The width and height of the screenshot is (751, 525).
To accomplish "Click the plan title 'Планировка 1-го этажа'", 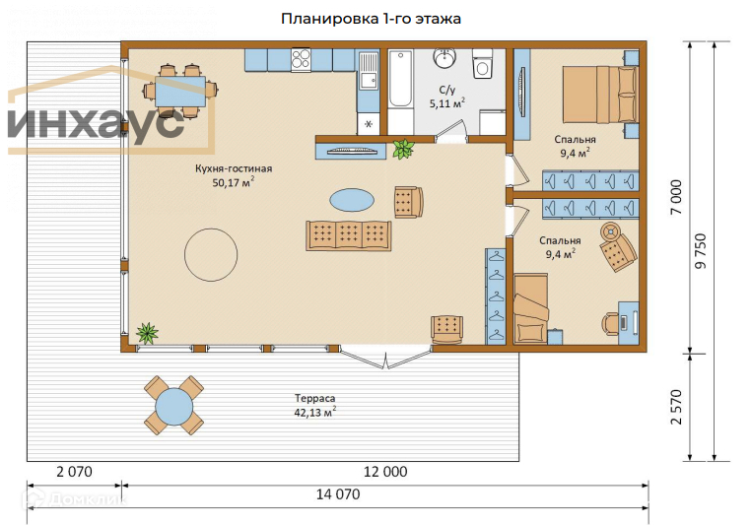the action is coord(371,19).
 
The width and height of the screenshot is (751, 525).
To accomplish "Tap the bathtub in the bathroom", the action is coord(400,78).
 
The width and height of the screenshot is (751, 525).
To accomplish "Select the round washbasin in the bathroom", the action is coord(444,58).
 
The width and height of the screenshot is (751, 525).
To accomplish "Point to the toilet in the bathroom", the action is coord(482,63).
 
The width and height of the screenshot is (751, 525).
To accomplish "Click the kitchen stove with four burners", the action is coord(301,60).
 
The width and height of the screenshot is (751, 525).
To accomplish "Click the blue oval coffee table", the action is coord(352,200).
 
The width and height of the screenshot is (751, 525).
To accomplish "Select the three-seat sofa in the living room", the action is coord(349,235).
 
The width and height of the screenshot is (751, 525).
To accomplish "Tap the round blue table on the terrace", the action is coord(174,406).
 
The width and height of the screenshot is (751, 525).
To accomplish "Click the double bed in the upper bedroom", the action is coord(600,95).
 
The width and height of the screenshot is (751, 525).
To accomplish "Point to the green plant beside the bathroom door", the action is coord(403,149).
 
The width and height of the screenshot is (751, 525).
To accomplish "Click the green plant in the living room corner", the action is coord(147,333).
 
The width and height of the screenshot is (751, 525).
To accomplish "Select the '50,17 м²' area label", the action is coord(234,182).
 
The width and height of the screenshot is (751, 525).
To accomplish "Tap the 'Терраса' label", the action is coord(314,398).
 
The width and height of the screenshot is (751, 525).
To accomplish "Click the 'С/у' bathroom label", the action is coord(446,90).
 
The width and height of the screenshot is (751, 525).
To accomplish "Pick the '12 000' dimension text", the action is coord(385,472).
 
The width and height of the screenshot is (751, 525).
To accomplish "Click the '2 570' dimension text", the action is coord(676,407).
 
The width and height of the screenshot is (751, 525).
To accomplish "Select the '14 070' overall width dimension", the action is coord(338,493).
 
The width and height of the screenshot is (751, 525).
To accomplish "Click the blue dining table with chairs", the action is coord(180,91).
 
